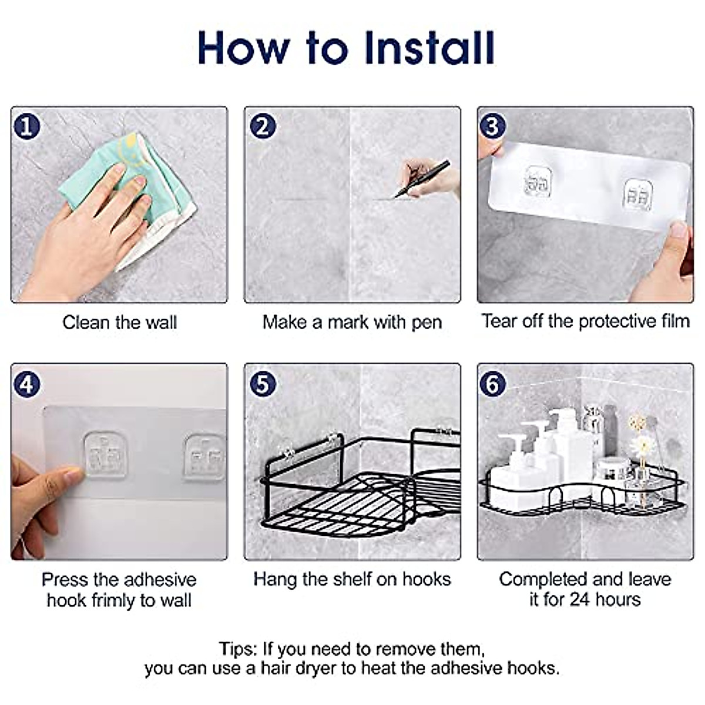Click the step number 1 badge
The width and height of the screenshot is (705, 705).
[26, 126]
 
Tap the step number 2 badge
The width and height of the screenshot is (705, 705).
[263, 126]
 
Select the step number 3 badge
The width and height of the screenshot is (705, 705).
[493, 126]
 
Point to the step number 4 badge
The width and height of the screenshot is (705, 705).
[26, 384]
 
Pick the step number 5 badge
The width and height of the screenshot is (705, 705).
[263, 384]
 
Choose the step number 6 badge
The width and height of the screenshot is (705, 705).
[493, 384]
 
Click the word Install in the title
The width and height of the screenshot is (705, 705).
[430, 48]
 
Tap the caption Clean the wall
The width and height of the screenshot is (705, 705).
[120, 323]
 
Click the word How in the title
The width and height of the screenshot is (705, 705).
[244, 48]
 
